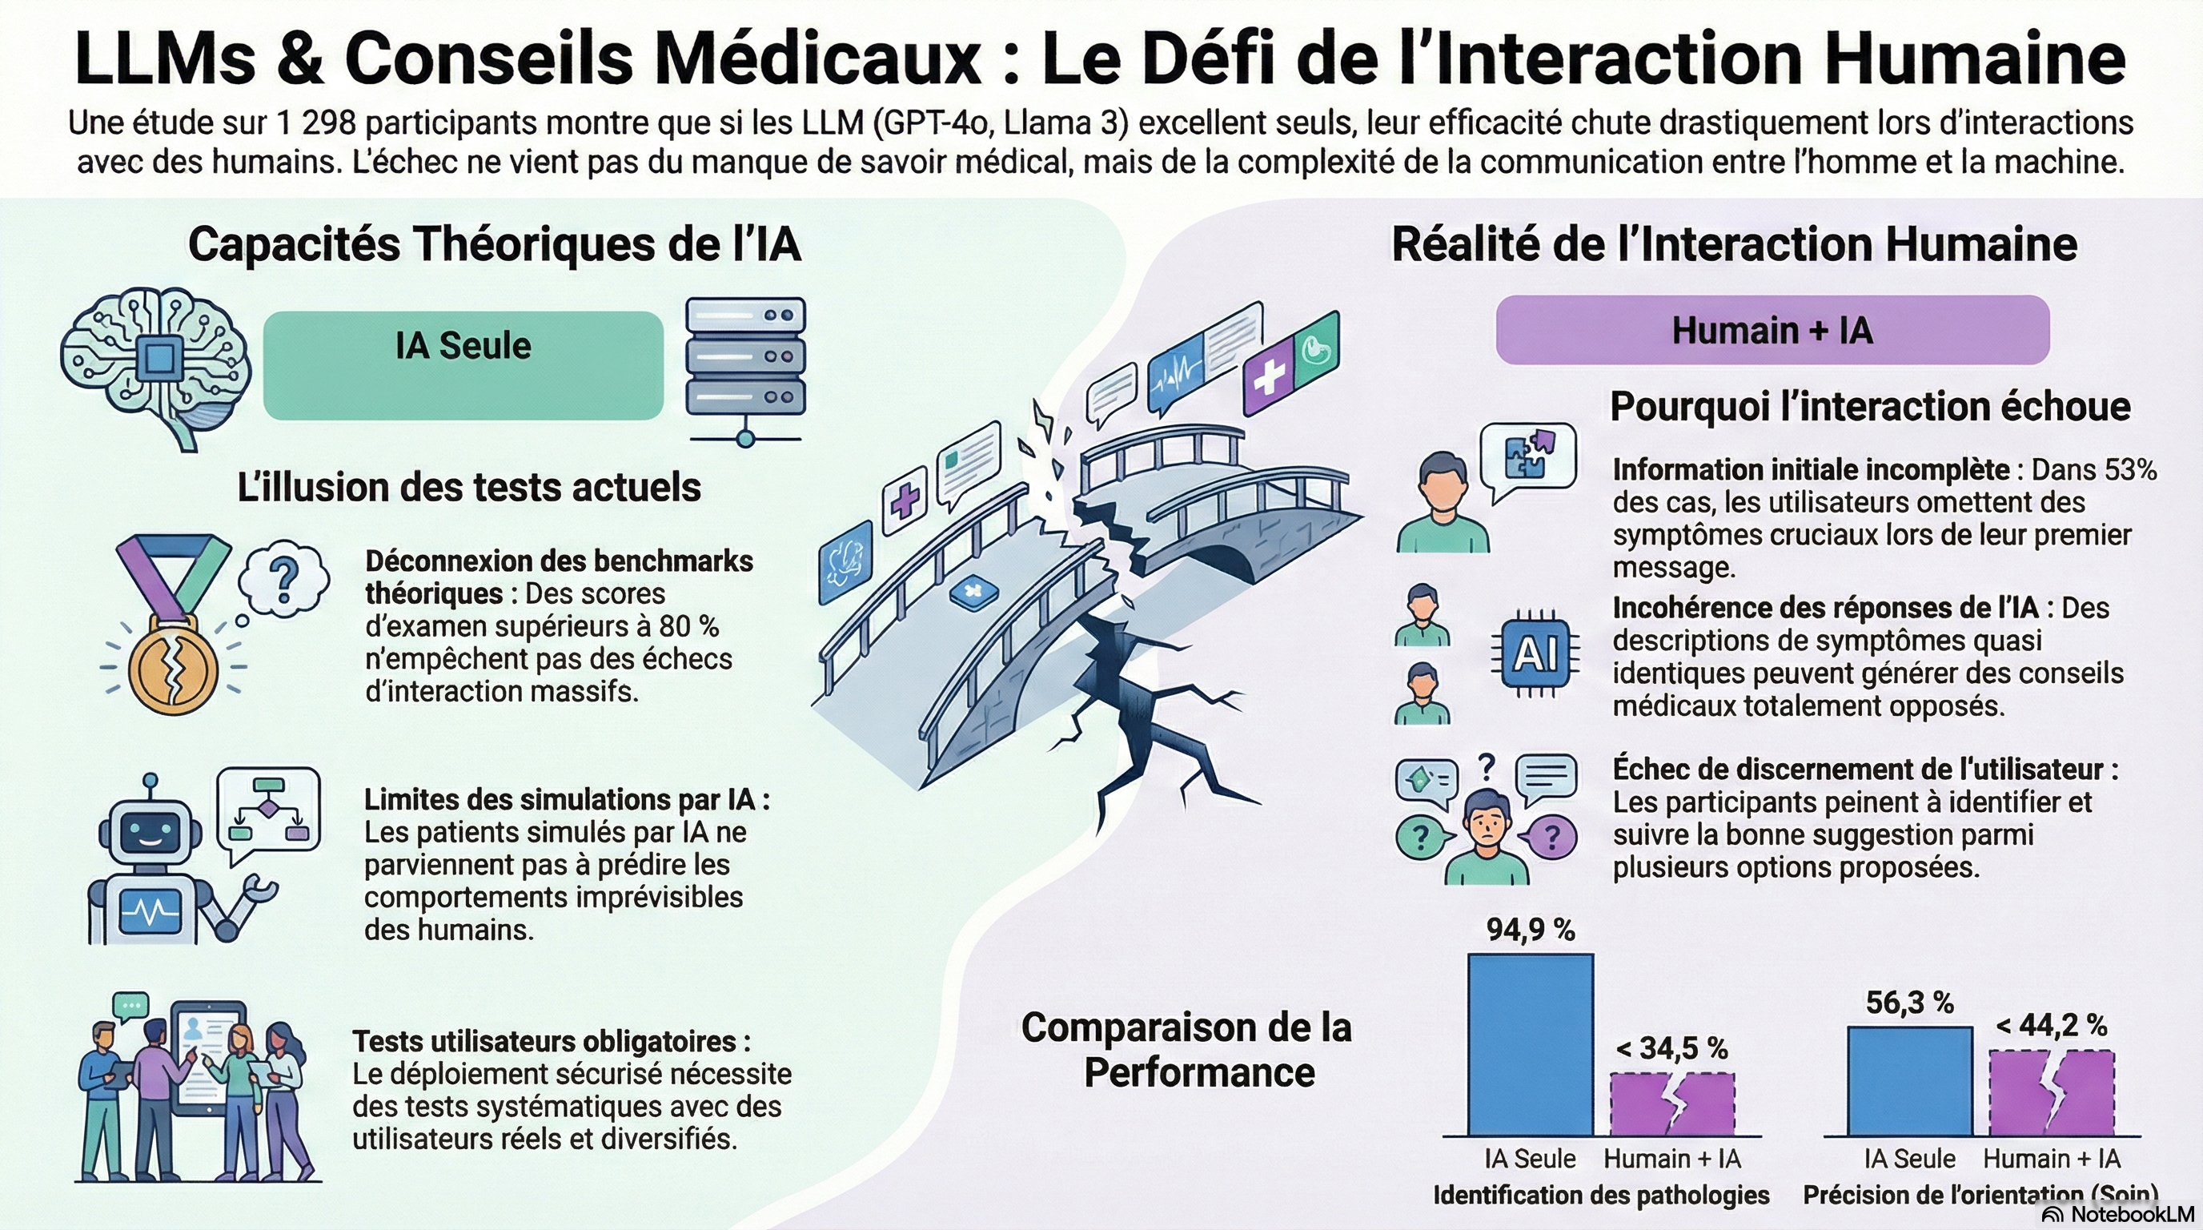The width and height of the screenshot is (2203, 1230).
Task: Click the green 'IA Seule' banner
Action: click(x=463, y=365)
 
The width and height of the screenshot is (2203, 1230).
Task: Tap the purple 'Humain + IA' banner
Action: click(x=1772, y=330)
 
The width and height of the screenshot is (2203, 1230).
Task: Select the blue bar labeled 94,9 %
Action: click(x=1530, y=1044)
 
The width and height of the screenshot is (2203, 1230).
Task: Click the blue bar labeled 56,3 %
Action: click(x=1910, y=1081)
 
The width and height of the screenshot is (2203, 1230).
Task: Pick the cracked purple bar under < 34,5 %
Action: click(x=1673, y=1104)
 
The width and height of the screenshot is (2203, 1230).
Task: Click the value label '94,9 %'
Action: click(x=1530, y=930)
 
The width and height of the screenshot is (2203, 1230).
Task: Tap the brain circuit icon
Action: click(x=155, y=366)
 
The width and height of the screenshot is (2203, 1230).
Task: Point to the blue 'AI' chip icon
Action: click(x=1535, y=655)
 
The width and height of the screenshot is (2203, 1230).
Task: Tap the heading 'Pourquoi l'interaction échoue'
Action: click(x=1870, y=406)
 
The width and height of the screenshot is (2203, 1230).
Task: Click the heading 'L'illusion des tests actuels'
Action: click(x=468, y=488)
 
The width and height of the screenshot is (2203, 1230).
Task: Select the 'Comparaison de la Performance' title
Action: click(x=1187, y=1050)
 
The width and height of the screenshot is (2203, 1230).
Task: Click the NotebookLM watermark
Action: click(x=2117, y=1215)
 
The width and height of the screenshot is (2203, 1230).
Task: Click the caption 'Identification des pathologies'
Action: click(x=1601, y=1195)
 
